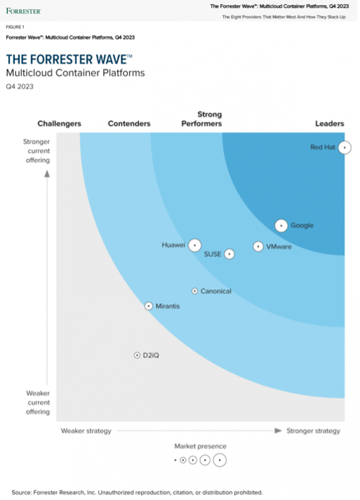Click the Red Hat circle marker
[344, 148]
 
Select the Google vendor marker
[281, 226]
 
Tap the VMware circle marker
[258, 246]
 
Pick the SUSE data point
[229, 254]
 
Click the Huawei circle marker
[195, 245]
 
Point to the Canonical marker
[195, 291]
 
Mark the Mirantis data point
[149, 306]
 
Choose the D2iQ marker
[137, 355]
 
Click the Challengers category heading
[59, 124]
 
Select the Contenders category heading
[129, 124]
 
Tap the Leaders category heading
[330, 124]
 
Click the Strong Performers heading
[201, 119]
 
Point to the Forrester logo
[23, 11]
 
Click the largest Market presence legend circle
[220, 460]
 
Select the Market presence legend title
[200, 446]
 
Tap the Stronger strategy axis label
[313, 431]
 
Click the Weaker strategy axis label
[86, 431]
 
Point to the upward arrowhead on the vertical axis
[47, 174]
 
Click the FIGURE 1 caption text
[15, 27]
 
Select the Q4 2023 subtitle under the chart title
[20, 86]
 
